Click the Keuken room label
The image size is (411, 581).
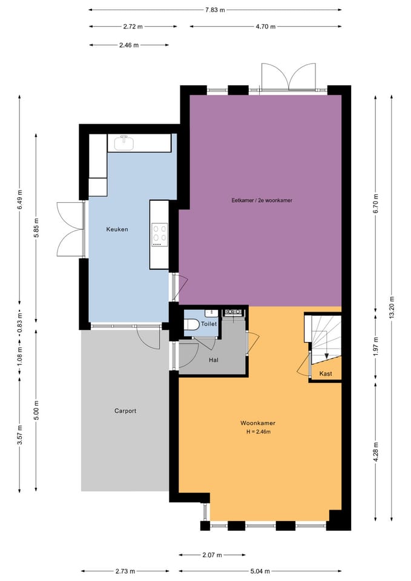tap(117, 229)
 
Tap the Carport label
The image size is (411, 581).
tap(125, 411)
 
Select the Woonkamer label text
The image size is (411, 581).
tap(258, 423)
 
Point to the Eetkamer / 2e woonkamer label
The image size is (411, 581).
tap(262, 200)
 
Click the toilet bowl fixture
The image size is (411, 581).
tap(192, 324)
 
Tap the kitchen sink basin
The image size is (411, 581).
tap(123, 143)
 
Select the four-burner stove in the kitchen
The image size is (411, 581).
tap(160, 235)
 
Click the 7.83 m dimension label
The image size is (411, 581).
tap(215, 10)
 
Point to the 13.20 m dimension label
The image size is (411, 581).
tap(392, 307)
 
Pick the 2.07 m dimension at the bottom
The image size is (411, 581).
tap(212, 555)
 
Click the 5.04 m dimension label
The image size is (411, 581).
tap(260, 571)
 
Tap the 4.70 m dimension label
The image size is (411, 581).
tap(265, 27)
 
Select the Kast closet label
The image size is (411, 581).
tap(326, 374)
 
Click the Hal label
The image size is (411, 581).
tap(214, 360)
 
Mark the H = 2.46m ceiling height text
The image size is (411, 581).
tap(258, 432)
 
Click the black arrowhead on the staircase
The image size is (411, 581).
tap(326, 356)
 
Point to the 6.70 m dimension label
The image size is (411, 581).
tap(376, 203)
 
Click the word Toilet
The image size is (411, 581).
tap(209, 324)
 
